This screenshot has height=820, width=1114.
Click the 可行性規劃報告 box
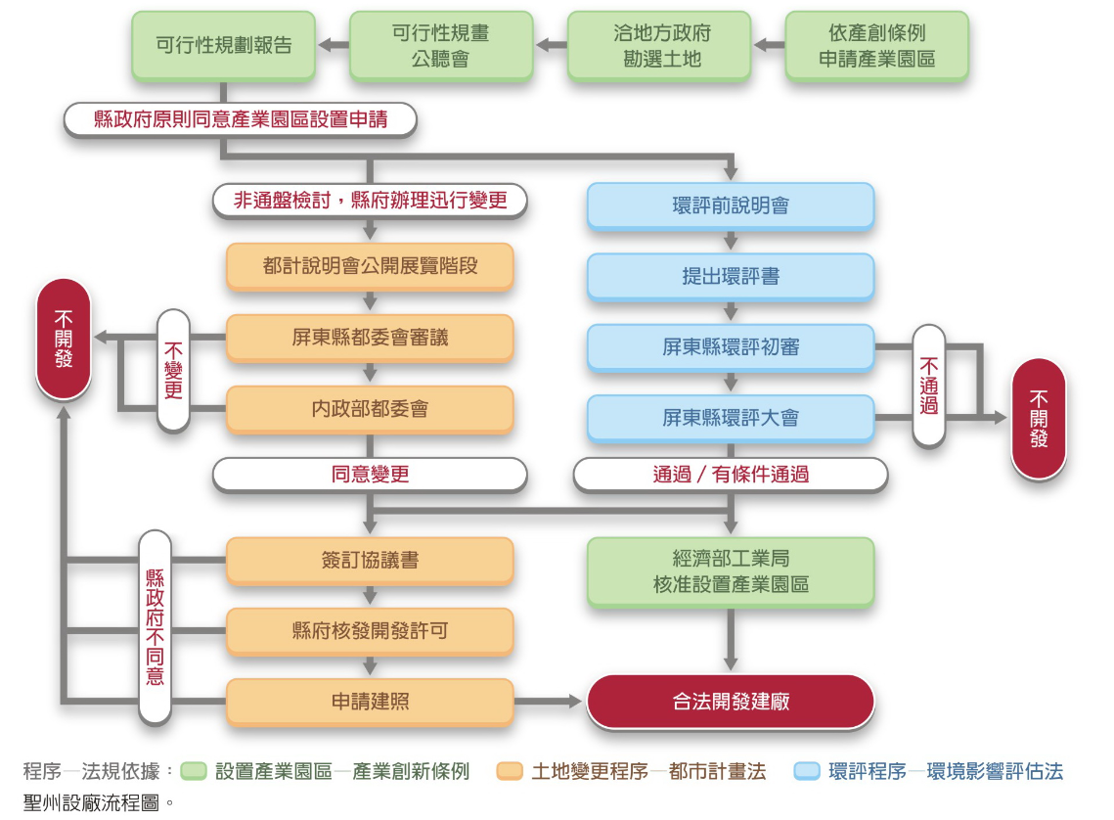(224, 45)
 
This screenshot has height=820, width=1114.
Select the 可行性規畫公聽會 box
(441, 45)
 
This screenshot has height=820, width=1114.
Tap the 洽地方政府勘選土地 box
(658, 45)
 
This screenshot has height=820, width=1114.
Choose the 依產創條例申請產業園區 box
(876, 45)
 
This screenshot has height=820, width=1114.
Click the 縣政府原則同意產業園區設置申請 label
(241, 119)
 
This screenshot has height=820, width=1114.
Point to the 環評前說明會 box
(730, 205)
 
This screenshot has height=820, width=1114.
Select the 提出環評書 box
(730, 276)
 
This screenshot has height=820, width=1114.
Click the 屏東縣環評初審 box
(730, 346)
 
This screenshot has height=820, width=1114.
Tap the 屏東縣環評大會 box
(730, 417)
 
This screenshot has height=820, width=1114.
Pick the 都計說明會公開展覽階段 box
(370, 265)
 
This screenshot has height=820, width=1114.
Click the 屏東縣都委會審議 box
(370, 337)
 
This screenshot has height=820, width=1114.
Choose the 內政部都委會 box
(370, 408)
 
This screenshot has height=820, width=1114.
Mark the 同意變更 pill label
(370, 475)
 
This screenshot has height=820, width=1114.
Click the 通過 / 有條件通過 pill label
(730, 475)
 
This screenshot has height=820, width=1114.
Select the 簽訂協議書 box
(370, 560)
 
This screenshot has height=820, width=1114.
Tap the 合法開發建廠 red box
(730, 701)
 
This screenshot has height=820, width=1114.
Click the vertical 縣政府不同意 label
(155, 626)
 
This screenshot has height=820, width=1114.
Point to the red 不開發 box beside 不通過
(1038, 418)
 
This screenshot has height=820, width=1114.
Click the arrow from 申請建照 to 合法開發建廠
(550, 701)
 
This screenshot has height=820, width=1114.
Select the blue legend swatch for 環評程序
(807, 771)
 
